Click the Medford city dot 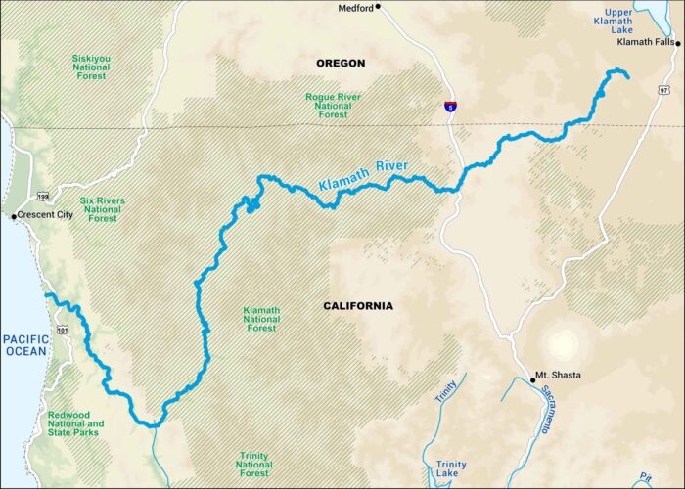click(378, 7)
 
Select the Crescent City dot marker click(13, 215)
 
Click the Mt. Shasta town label click(554, 376)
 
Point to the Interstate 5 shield click(450, 105)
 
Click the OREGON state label click(341, 64)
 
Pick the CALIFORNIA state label click(358, 306)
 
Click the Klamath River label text click(363, 175)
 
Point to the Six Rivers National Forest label click(103, 209)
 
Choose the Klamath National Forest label click(261, 319)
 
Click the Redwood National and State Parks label click(75, 423)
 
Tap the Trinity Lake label click(451, 470)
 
